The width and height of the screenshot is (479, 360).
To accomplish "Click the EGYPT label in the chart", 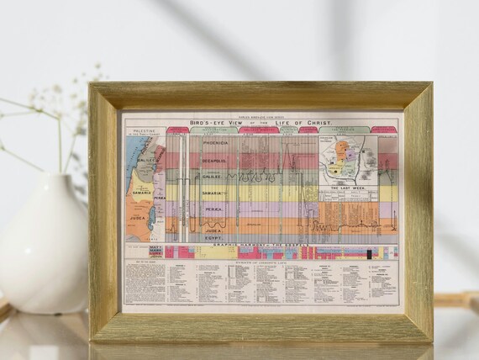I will pos(212,238).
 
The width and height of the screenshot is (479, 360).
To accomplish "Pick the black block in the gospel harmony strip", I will pos(367,252).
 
